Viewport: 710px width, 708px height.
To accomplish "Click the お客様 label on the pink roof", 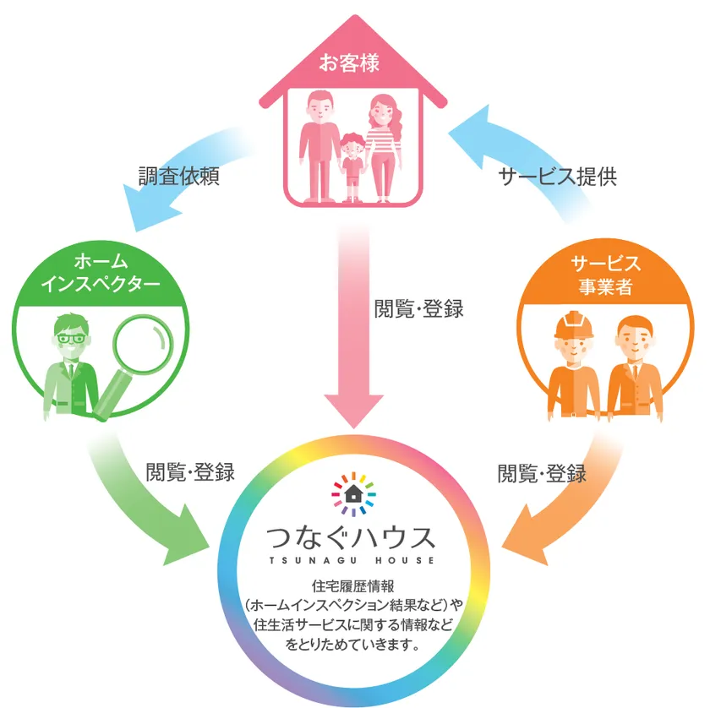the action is (349, 63).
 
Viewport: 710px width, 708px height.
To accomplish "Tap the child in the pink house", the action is (353, 167).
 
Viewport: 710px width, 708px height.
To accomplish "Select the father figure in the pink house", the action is (319, 146).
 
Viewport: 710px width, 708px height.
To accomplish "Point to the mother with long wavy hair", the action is (383, 148).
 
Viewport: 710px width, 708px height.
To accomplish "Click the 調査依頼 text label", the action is (179, 176).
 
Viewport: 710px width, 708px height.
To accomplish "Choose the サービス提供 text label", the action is (557, 176).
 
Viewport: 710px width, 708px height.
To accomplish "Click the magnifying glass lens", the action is (143, 344).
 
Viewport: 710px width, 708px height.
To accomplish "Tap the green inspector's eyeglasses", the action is (71, 338).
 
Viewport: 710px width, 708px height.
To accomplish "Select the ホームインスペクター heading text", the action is (101, 273).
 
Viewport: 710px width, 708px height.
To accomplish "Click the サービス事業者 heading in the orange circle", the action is (605, 275).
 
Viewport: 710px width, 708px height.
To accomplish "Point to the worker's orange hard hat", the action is (574, 324).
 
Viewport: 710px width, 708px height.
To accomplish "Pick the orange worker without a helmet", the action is (634, 368).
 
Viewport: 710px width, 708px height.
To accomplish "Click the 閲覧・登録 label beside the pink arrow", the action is (419, 309).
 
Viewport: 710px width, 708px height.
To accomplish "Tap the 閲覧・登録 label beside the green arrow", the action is (190, 472).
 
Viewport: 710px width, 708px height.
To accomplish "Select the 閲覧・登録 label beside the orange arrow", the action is (542, 473).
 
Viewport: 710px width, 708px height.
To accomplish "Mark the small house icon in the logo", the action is (353, 493).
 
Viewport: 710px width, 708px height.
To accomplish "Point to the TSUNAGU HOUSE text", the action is (352, 560).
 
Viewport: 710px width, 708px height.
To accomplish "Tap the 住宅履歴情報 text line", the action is (353, 586).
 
